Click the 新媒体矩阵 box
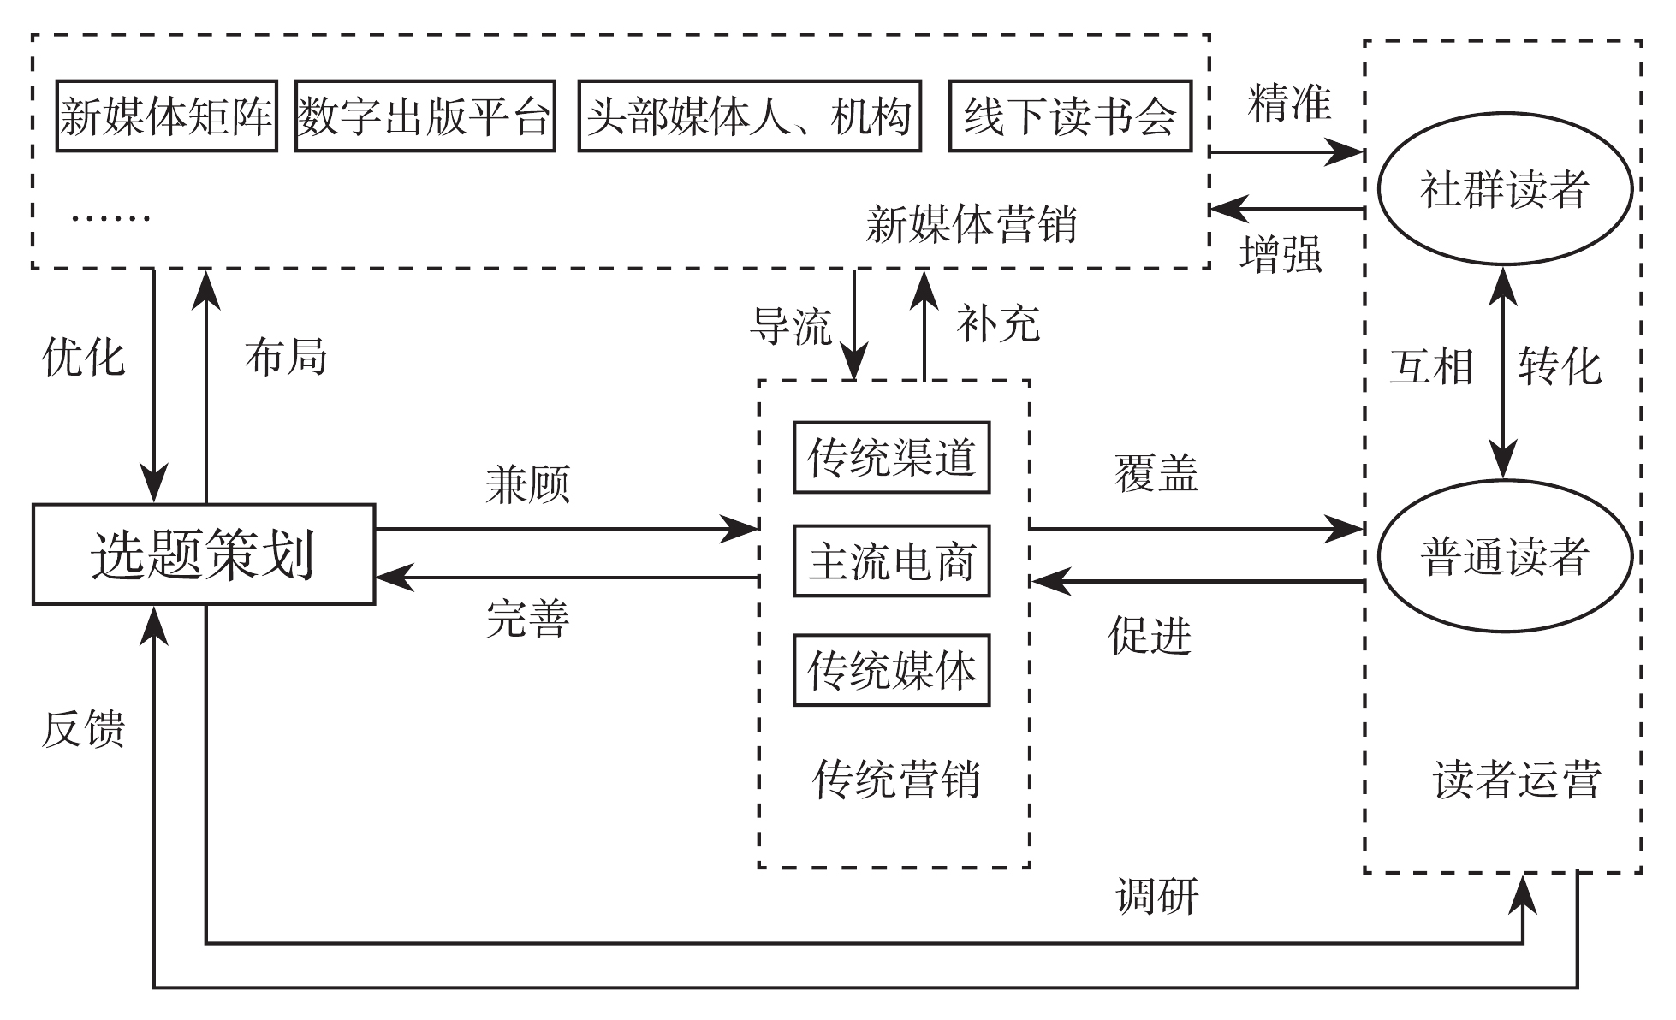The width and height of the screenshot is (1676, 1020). tap(167, 116)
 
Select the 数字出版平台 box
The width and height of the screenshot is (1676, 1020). tap(425, 116)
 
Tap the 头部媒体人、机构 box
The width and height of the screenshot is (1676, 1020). tap(750, 116)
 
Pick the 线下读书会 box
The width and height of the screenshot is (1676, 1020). tap(1070, 116)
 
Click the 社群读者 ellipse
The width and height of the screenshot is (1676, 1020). tap(1505, 189)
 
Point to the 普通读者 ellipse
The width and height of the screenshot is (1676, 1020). tap(1505, 557)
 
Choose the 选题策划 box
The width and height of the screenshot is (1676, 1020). tap(204, 554)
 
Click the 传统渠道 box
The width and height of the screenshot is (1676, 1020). tap(891, 458)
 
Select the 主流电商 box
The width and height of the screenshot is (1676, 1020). tap(891, 561)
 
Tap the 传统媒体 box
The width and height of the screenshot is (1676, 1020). tap(891, 670)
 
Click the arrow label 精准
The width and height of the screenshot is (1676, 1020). tap(1289, 104)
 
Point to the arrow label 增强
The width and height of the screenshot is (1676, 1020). tap(1281, 254)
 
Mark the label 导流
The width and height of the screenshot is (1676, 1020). tap(791, 326)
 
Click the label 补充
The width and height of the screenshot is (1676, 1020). tap(998, 324)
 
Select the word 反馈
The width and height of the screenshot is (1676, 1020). tap(84, 730)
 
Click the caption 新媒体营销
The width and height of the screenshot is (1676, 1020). tap(971, 225)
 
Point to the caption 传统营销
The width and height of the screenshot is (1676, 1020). tap(895, 780)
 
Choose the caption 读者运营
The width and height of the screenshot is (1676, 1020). tap(1516, 780)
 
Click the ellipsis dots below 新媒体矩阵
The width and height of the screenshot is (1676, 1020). tap(110, 217)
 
